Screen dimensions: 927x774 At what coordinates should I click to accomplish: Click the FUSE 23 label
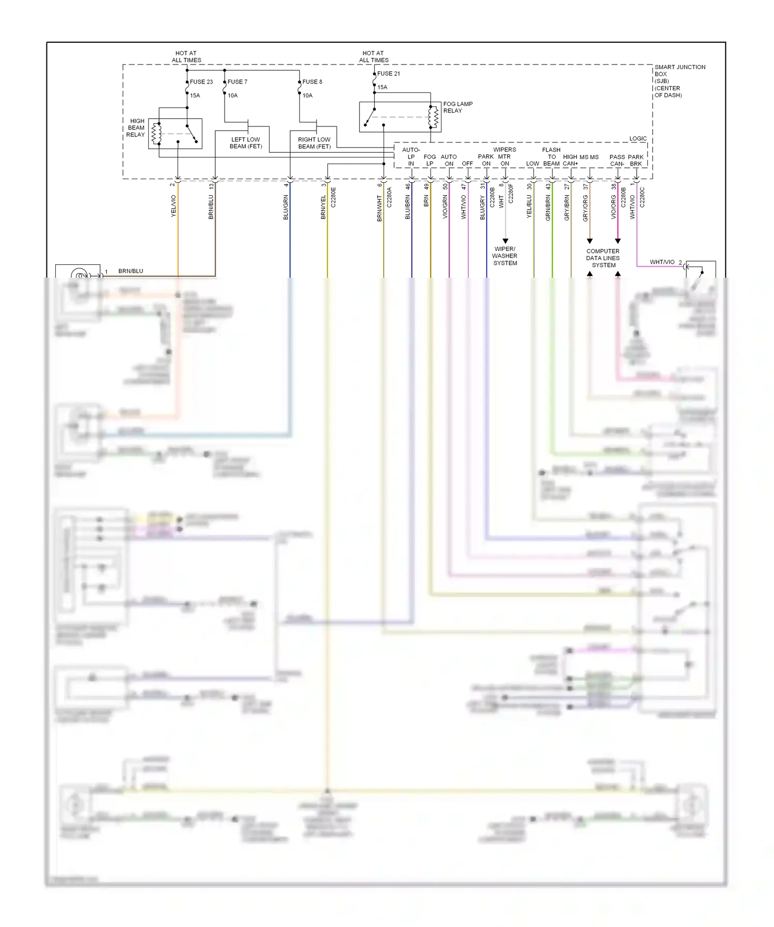201,82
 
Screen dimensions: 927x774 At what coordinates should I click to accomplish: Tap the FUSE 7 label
237,82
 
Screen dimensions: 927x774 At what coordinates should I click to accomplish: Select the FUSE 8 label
312,82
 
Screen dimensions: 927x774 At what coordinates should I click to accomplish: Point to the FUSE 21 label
388,73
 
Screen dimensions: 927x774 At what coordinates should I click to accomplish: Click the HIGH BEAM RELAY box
175,134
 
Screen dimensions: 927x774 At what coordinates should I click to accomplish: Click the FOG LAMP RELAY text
457,107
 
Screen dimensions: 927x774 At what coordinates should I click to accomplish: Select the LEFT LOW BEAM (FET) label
246,143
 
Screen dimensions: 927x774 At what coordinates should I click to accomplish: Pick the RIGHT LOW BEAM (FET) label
314,143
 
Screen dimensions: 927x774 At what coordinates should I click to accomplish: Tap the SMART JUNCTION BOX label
680,81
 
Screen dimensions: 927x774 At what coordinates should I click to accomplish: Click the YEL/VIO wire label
173,206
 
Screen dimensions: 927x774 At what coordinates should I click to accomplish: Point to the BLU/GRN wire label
286,207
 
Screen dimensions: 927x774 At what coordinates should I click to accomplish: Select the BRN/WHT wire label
380,209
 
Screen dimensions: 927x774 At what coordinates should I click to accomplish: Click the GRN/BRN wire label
548,208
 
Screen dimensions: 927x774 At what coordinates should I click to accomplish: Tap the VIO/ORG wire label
613,207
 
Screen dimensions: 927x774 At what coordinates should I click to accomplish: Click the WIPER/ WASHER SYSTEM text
504,255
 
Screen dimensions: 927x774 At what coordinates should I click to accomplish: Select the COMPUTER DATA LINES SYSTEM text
603,258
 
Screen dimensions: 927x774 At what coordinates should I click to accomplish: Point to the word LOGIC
638,138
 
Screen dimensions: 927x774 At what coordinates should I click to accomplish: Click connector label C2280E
333,197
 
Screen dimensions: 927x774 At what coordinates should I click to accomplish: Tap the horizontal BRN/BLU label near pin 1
131,271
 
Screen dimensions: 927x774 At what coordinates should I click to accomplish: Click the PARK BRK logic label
636,160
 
